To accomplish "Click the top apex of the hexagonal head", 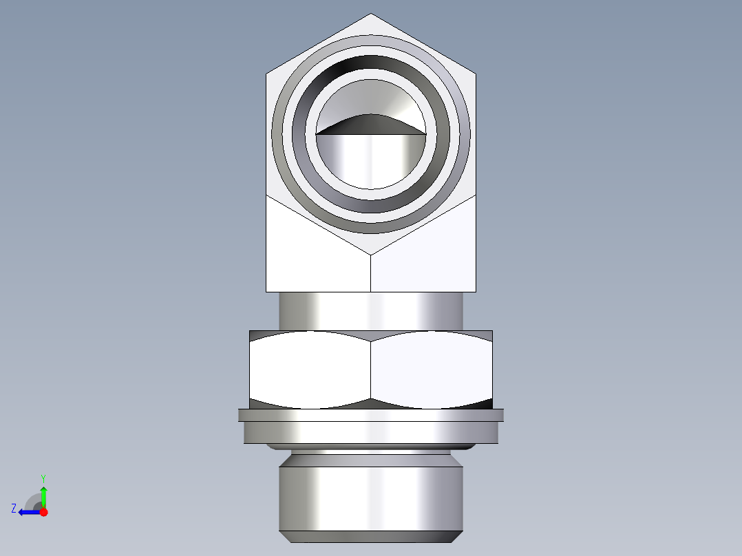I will (x=371, y=14).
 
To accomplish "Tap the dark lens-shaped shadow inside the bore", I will (x=370, y=125).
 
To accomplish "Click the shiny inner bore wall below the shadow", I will (x=371, y=161).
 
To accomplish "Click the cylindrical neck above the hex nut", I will (x=371, y=311).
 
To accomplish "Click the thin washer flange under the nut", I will (x=371, y=415).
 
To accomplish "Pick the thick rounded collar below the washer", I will (x=371, y=433).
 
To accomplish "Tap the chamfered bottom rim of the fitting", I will (x=371, y=537).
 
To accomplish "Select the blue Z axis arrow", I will (x=28, y=512).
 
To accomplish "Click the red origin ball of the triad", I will (x=43, y=512).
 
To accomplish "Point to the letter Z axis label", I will (x=14, y=509).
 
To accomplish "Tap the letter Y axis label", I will (x=43, y=478).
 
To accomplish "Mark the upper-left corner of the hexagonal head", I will (x=266, y=72).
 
